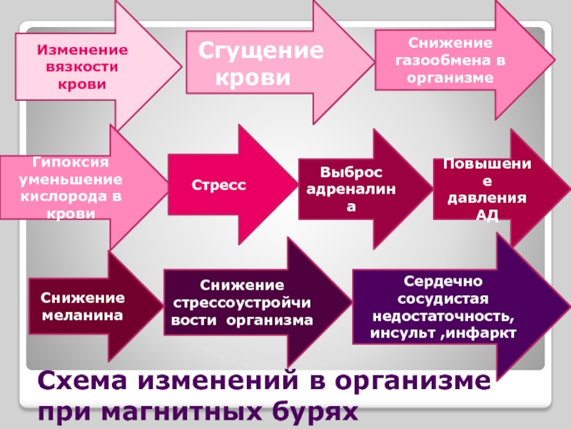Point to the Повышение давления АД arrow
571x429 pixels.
(485, 189)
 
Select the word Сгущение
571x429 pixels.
(260, 51)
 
